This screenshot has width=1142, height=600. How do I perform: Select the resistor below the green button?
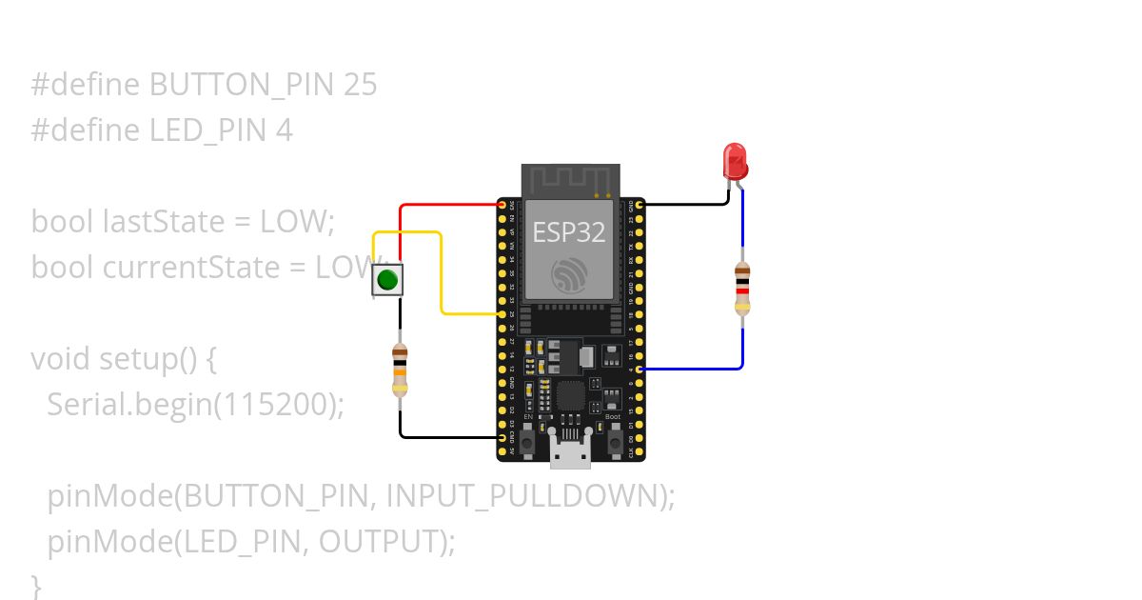point(400,370)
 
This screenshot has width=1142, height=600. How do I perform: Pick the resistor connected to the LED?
point(742,289)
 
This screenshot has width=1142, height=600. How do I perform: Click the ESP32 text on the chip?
point(568,232)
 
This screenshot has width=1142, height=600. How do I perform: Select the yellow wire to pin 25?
point(442,276)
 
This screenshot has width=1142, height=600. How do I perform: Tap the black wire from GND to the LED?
point(685,204)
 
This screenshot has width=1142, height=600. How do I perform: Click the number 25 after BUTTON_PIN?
point(361,86)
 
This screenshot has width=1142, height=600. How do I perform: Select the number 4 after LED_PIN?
point(285,130)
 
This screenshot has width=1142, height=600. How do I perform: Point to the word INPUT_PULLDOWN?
point(522,496)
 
